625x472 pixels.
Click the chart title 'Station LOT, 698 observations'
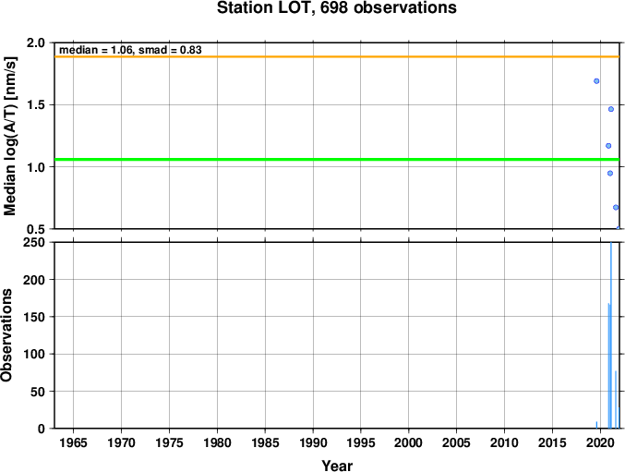pos(336,7)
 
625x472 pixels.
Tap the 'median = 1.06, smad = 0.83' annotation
pos(130,50)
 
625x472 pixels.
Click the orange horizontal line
pos(337,56)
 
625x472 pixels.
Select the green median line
pos(337,160)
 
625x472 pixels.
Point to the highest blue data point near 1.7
pos(596,81)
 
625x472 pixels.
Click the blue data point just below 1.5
pos(610,109)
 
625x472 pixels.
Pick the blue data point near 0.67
pos(616,207)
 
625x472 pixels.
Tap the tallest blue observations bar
pos(611,335)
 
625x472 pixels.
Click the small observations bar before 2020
pos(596,425)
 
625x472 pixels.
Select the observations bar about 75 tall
pos(616,400)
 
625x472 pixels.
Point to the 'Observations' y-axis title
pos(6,335)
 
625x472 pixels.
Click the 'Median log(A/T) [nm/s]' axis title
pos(10,136)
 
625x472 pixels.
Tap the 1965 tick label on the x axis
pos(73,442)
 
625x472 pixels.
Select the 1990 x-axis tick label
pos(313,442)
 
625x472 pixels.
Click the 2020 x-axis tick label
pos(600,442)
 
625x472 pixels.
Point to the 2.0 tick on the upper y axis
pos(36,42)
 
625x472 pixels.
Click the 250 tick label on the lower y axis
pos(34,242)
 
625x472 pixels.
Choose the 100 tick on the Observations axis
pos(34,354)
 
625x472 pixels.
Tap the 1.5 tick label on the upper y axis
pos(36,105)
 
